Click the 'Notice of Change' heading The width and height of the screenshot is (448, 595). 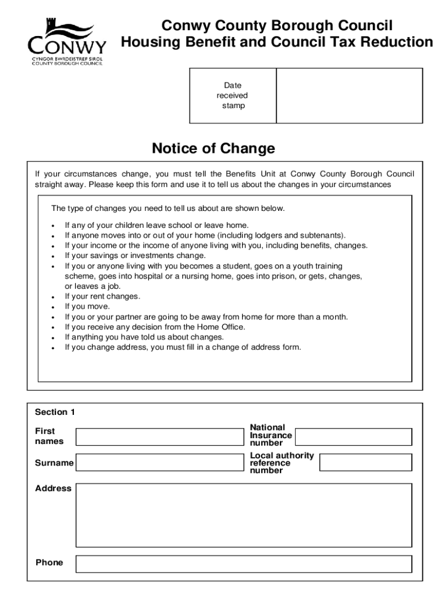point(213,149)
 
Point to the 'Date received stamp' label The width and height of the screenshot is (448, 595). point(233,96)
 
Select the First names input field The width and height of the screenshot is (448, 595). point(159,436)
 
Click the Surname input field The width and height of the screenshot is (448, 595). point(159,463)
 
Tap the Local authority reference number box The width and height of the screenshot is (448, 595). point(365,463)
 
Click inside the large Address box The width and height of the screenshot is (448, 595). point(244,515)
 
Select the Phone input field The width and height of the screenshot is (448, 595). point(244,564)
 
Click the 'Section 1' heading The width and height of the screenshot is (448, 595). point(55,412)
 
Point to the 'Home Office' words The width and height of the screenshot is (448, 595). point(223,327)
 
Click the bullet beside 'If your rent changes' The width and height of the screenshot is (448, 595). point(53,297)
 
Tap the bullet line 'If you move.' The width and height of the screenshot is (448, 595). point(87,307)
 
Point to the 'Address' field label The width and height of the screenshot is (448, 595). point(54,489)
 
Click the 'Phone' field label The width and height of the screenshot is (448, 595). point(49,562)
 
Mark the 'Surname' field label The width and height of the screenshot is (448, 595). point(54,463)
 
